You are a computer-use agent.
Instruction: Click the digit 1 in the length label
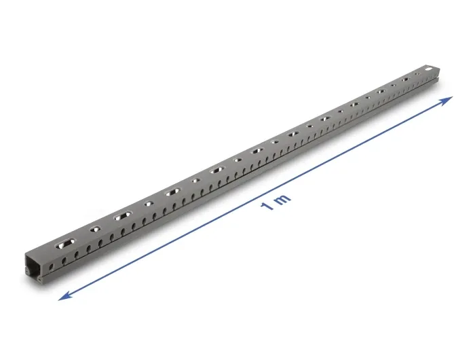point(267,206)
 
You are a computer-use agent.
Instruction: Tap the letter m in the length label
point(283,199)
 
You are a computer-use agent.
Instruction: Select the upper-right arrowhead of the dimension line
point(445,101)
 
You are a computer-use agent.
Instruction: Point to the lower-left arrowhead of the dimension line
point(65,295)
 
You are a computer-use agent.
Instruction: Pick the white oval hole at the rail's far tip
point(430,69)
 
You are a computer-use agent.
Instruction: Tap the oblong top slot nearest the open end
point(64,244)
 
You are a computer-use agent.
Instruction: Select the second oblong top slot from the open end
point(123,216)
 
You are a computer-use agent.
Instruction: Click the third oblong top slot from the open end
point(172,192)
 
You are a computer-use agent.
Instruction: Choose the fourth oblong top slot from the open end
point(217,170)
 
